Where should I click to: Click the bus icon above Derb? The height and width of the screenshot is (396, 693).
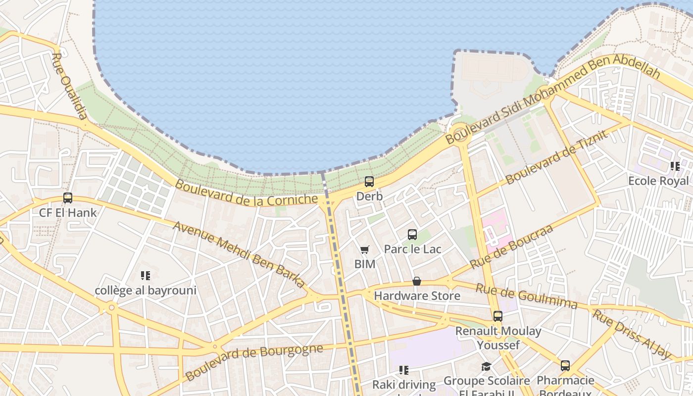(369, 182)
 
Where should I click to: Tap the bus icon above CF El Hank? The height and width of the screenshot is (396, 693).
(68, 198)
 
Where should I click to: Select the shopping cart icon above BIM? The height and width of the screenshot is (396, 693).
(365, 249)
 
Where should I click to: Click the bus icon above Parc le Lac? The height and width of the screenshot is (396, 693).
(412, 235)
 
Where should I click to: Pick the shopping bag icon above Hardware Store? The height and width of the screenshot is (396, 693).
(417, 281)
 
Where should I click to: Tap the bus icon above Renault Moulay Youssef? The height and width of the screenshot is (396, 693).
(498, 316)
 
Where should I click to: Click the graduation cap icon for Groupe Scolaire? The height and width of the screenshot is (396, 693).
(486, 366)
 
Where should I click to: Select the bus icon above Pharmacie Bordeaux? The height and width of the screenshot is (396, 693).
(565, 366)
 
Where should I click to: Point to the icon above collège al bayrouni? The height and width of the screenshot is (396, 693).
(146, 275)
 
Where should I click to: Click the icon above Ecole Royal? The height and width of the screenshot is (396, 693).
(675, 166)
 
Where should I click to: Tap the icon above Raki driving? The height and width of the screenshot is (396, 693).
(404, 370)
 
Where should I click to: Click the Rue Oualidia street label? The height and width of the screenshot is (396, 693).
(69, 87)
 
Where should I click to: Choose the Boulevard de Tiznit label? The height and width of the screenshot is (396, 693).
(556, 157)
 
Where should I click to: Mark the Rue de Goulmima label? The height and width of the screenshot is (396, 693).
(526, 296)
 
